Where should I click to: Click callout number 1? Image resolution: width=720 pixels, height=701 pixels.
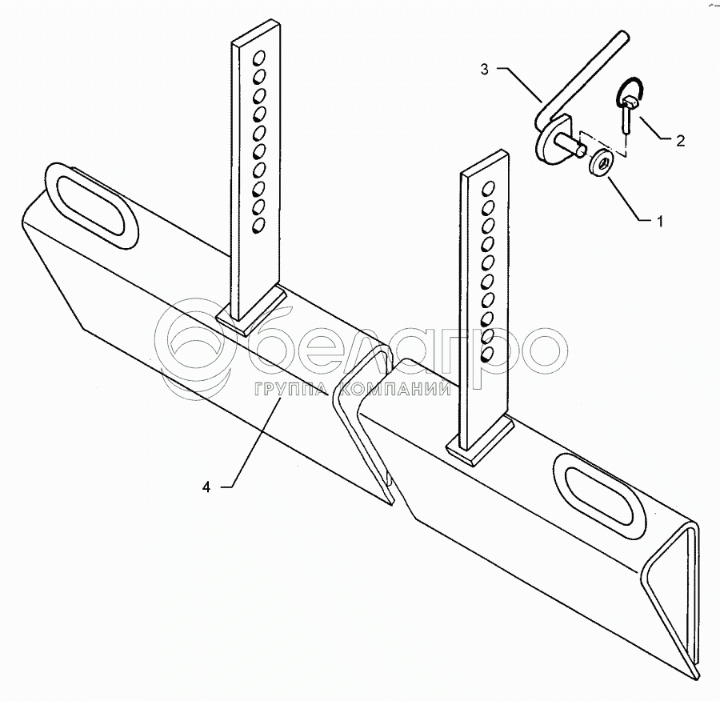point(660,221)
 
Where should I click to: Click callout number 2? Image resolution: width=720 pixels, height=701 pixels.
point(679,142)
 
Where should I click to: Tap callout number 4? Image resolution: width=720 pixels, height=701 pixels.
point(206,487)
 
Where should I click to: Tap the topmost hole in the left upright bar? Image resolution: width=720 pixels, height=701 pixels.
point(259,58)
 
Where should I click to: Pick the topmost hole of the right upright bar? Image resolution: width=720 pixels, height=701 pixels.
point(488,189)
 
